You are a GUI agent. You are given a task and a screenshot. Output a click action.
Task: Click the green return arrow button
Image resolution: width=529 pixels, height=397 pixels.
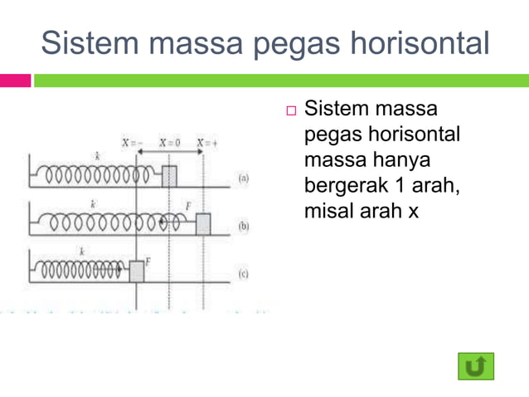point(475,365)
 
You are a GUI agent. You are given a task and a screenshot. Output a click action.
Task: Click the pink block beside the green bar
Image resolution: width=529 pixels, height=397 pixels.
point(15,81)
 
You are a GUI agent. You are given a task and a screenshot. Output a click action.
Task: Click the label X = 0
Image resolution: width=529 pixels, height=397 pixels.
point(169,142)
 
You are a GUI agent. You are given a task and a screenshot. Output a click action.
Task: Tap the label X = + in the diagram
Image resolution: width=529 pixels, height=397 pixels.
point(206,142)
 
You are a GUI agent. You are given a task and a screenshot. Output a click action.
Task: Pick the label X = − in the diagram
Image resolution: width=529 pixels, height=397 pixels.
point(133,142)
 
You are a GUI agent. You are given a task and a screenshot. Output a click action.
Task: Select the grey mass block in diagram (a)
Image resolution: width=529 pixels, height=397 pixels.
point(169,176)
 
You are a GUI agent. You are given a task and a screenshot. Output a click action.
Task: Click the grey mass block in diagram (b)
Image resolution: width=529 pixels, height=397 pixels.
point(203,223)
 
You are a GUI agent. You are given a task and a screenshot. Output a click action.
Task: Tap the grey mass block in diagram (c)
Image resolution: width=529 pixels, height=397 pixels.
point(137,271)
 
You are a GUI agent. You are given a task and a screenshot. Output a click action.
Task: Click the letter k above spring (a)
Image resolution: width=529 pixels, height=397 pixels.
point(97,156)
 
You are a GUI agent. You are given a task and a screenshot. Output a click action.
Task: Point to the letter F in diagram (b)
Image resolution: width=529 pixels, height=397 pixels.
point(188,204)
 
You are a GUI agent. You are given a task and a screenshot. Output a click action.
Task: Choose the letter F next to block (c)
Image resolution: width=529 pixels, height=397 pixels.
point(148,261)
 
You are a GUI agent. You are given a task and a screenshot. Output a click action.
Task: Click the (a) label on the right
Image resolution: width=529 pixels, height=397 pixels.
point(243,177)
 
